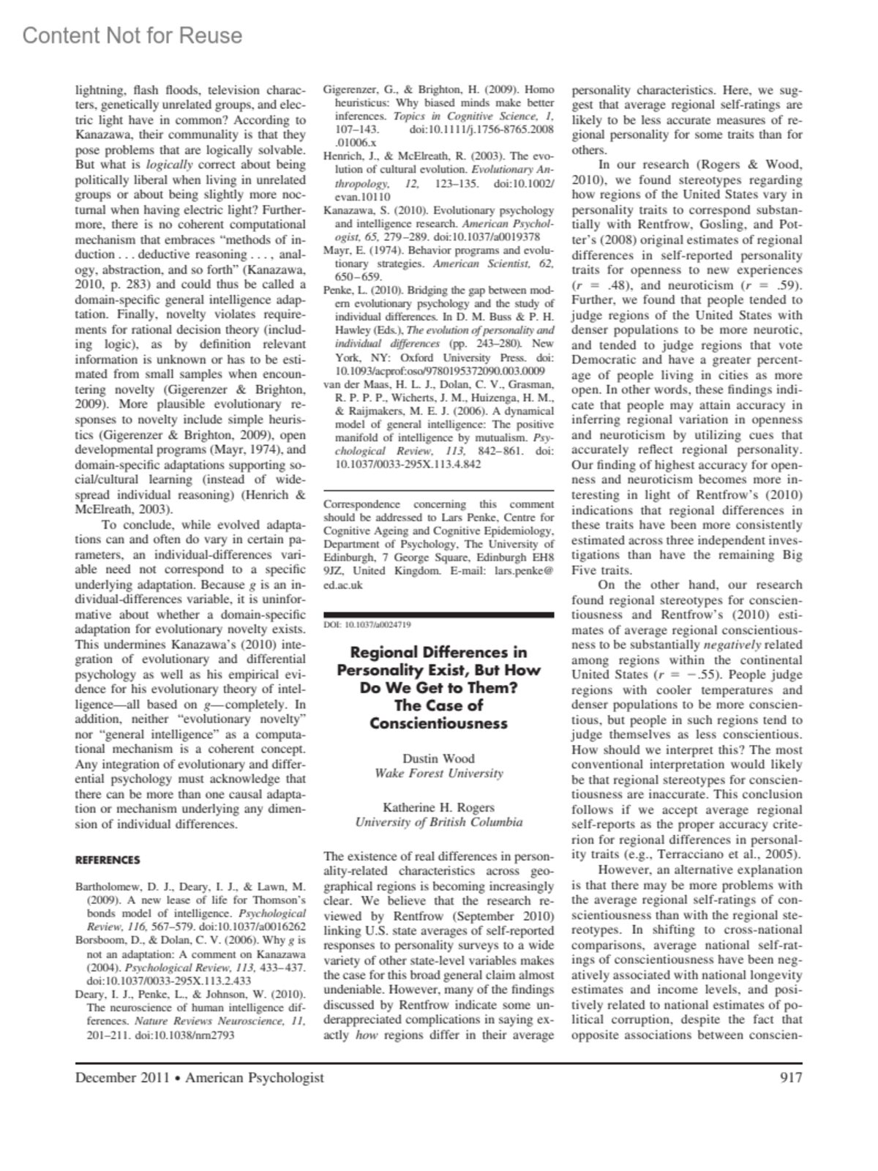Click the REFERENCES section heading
point(108,860)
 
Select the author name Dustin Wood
point(438,758)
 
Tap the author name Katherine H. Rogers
point(438,807)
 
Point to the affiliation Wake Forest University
point(438,773)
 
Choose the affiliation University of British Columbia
point(438,822)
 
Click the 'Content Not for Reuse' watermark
point(132,35)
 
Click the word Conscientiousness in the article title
point(438,723)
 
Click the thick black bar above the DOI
point(438,613)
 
